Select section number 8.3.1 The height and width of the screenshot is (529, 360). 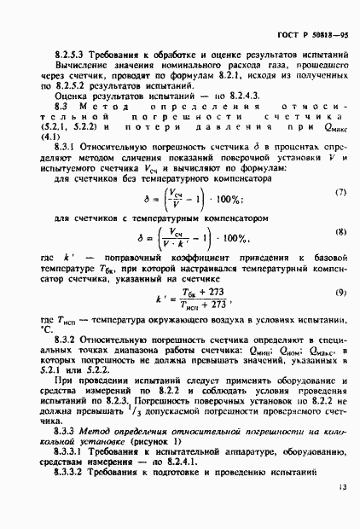click(66, 145)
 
